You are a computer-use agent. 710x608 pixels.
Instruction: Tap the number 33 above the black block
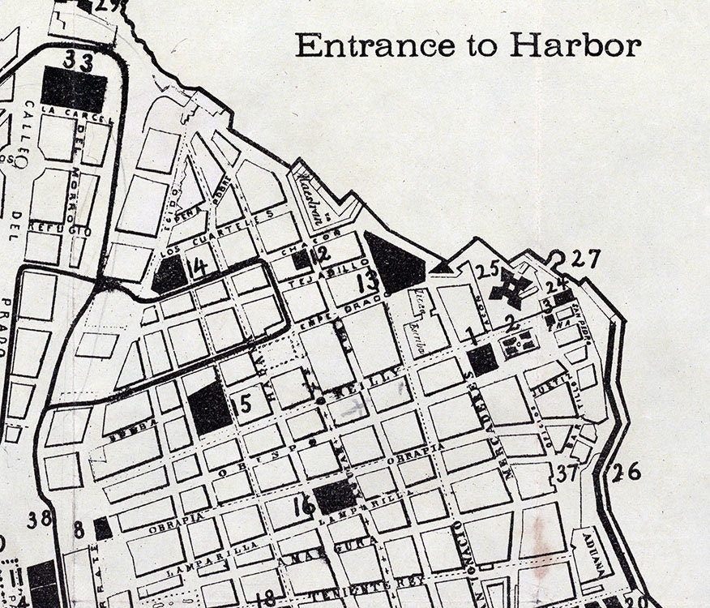coord(79,61)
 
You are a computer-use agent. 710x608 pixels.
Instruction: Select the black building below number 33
coord(74,88)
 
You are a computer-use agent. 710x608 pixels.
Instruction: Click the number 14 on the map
coord(197,266)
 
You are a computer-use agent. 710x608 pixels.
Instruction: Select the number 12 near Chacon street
coord(321,255)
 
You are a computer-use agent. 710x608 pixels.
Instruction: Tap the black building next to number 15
coord(209,406)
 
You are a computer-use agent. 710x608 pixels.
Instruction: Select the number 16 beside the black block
coord(304,505)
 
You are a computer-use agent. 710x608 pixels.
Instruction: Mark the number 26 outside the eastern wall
coord(626,472)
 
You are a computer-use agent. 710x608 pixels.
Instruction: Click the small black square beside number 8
coord(103,529)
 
